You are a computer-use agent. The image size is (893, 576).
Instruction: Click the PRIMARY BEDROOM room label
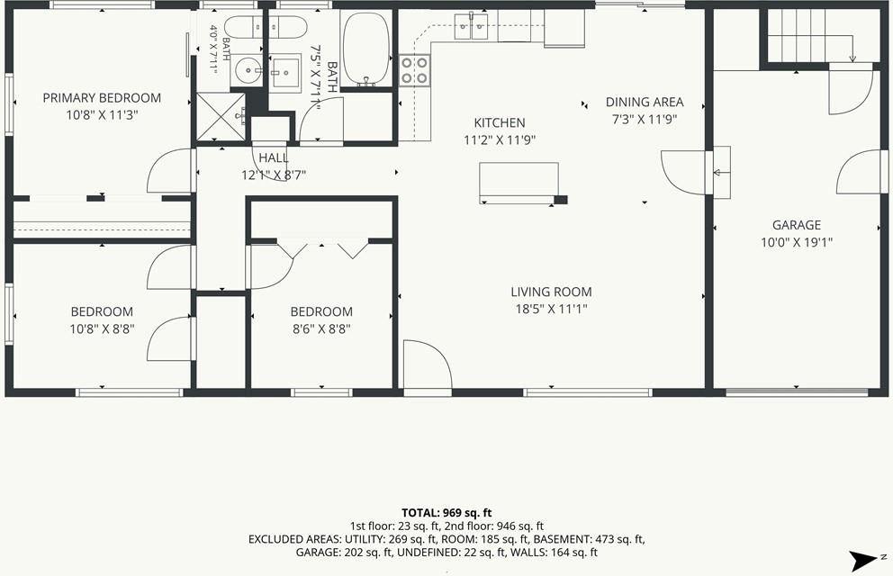(x=102, y=98)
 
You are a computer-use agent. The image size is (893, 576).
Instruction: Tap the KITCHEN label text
(x=500, y=122)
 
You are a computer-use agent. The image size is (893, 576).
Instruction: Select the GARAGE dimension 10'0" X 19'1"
(x=797, y=242)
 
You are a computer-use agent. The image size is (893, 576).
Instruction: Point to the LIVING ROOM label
(x=551, y=292)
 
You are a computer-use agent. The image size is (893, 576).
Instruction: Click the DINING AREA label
(x=645, y=103)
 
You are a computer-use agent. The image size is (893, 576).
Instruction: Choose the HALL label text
(x=274, y=157)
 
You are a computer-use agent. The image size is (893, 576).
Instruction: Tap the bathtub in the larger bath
(x=366, y=49)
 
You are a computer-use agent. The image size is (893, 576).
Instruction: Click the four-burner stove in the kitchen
(x=415, y=70)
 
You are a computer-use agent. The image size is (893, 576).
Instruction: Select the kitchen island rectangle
(x=519, y=182)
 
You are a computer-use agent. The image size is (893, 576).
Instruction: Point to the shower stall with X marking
(x=221, y=117)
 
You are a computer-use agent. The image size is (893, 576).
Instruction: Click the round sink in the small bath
(x=248, y=71)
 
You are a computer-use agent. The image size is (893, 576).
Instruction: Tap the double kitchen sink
(x=472, y=26)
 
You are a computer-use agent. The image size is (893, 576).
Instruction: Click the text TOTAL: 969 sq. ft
(x=446, y=513)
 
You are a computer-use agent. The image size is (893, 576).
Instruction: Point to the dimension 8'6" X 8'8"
(x=321, y=329)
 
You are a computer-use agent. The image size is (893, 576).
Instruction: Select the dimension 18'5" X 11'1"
(x=551, y=309)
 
